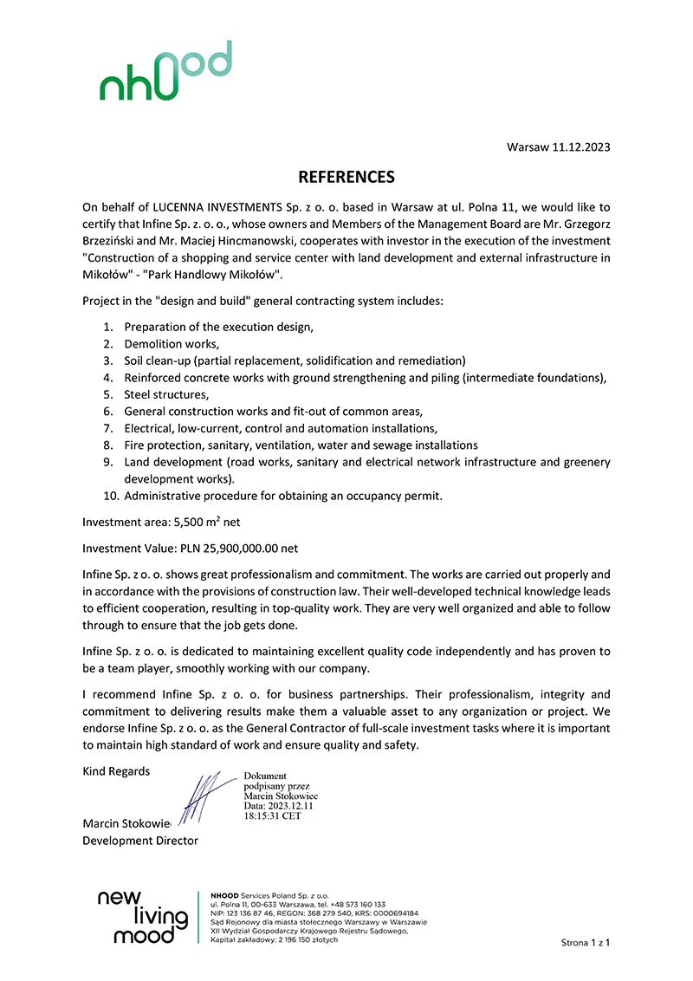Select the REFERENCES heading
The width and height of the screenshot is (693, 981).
pyautogui.click(x=346, y=177)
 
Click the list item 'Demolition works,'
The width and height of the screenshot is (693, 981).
pyautogui.click(x=172, y=344)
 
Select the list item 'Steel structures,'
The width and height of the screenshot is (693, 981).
pyautogui.click(x=166, y=394)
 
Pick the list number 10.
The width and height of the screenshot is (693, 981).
pyautogui.click(x=109, y=497)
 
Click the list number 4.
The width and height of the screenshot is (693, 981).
pyautogui.click(x=108, y=378)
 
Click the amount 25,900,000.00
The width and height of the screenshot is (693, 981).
pyautogui.click(x=245, y=549)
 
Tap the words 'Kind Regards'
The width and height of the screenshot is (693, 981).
pyautogui.click(x=116, y=771)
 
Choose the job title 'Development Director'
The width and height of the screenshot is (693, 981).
pyautogui.click(x=140, y=841)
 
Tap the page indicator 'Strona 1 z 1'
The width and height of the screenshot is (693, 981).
pyautogui.click(x=586, y=942)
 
